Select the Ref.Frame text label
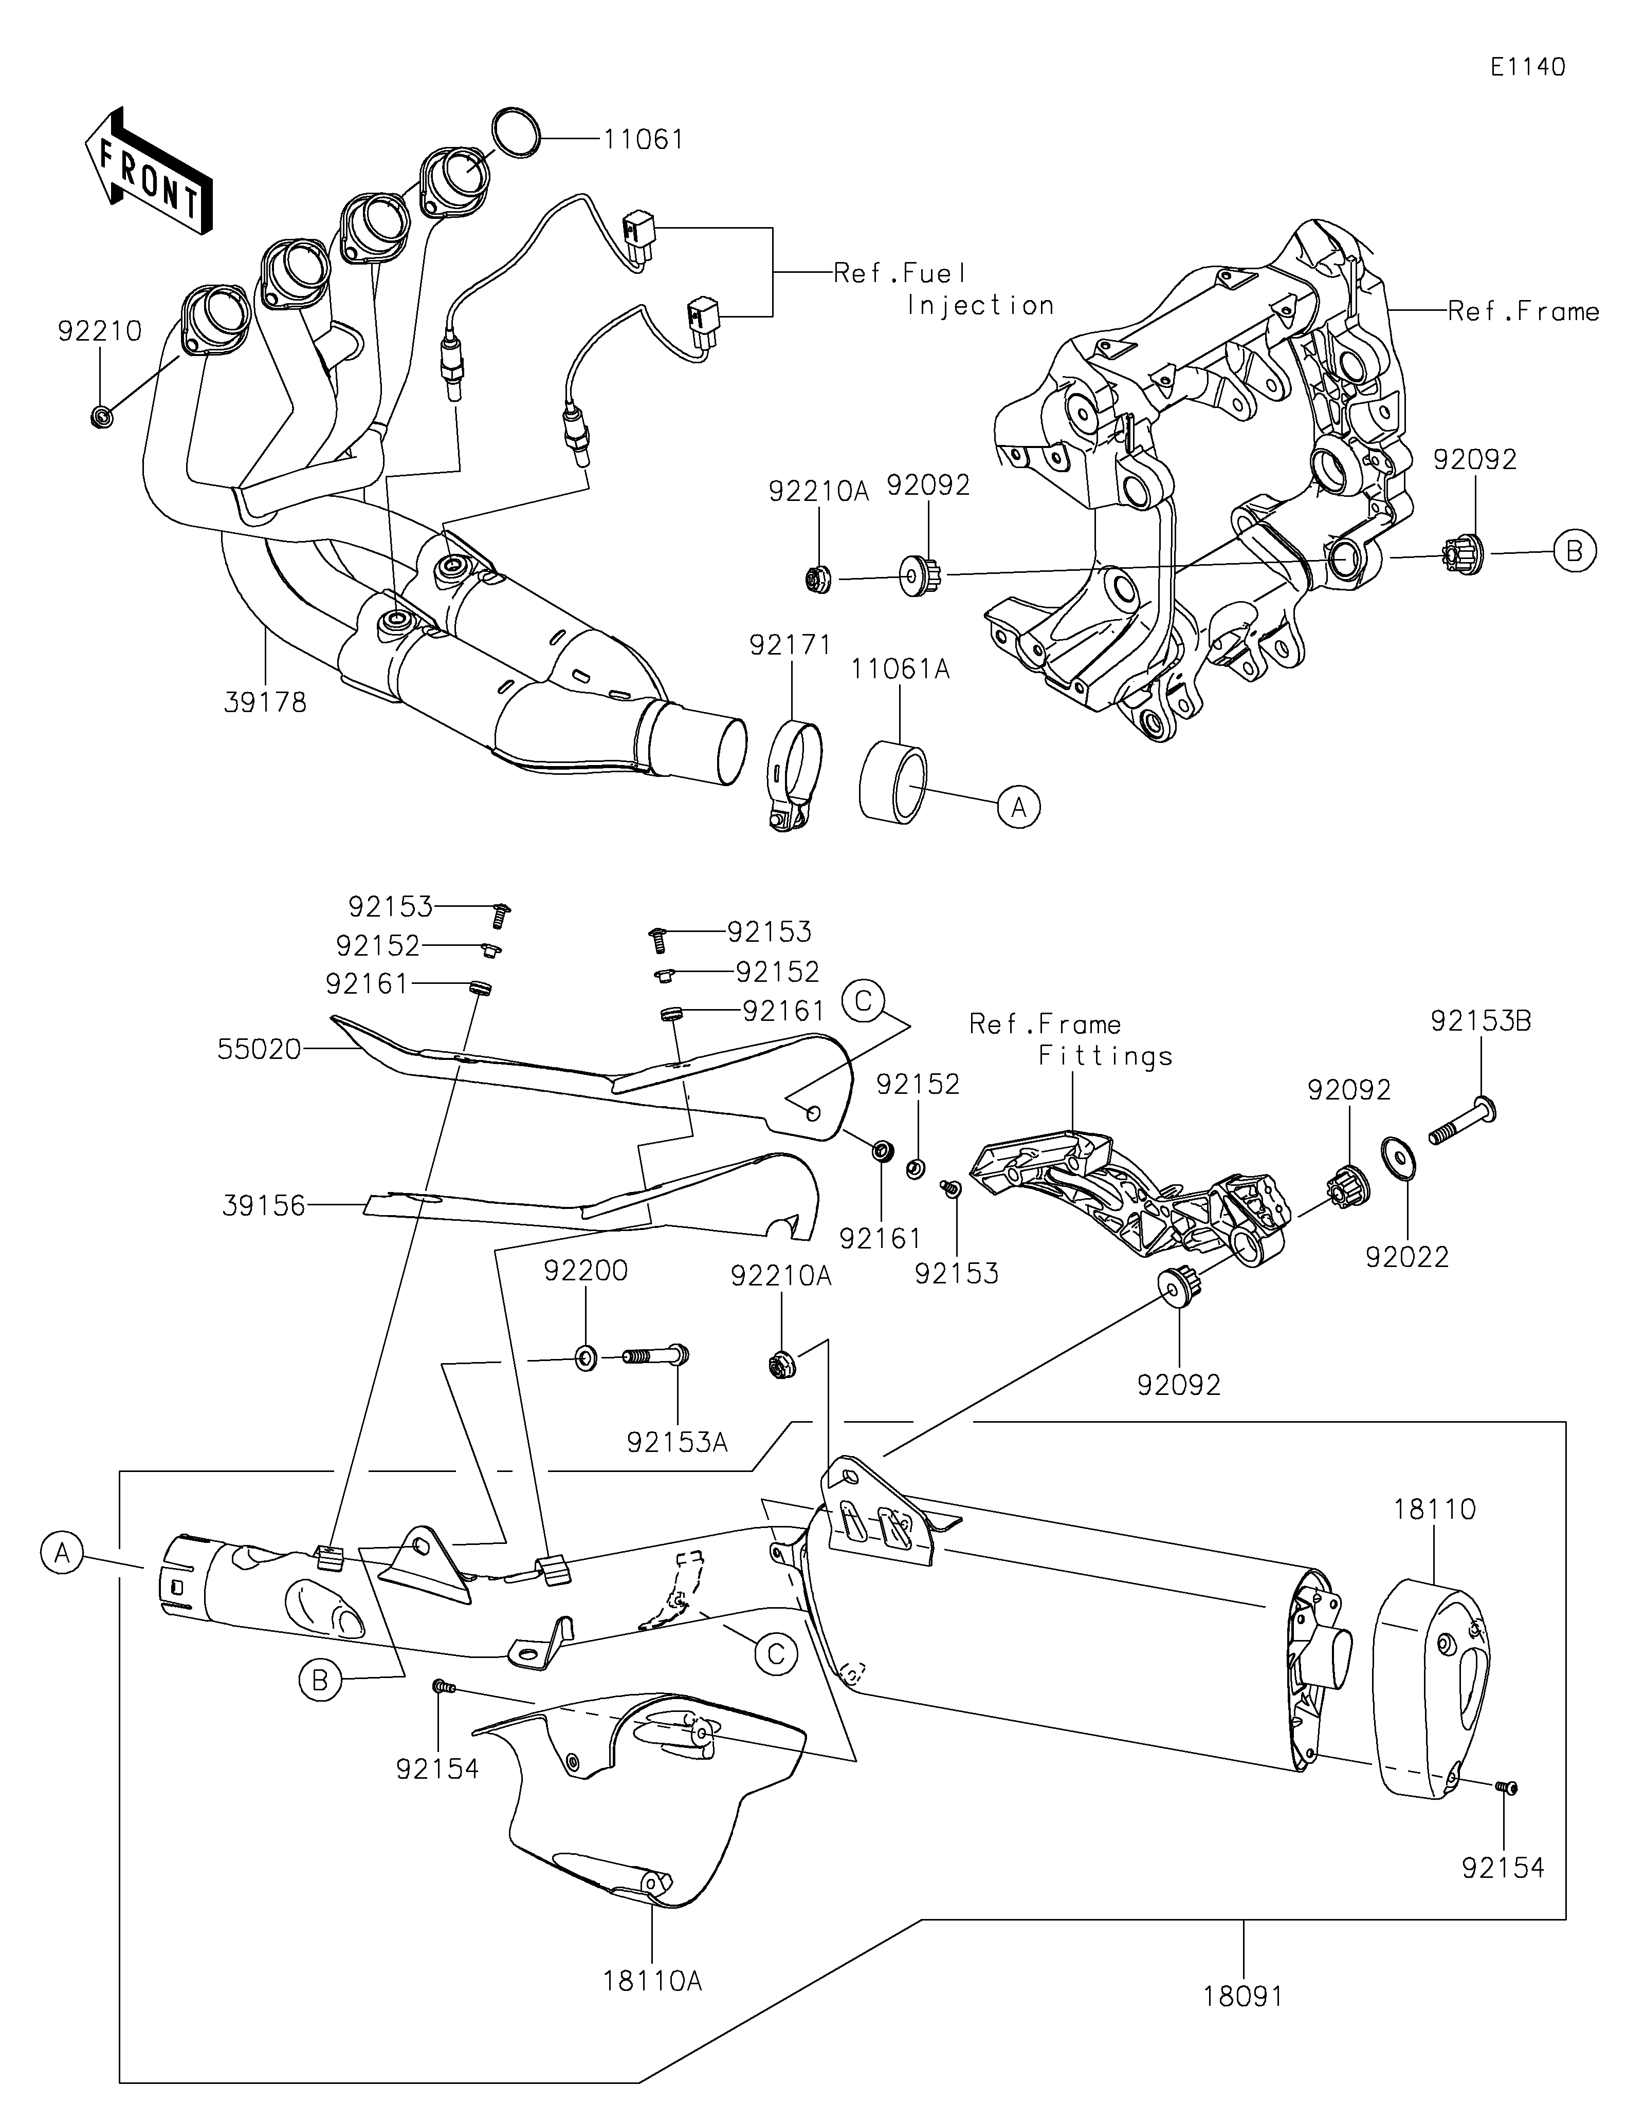point(1523,311)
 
